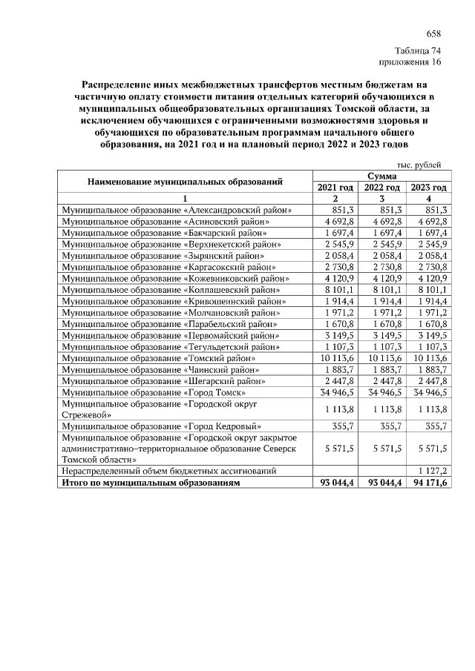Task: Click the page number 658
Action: [x=433, y=34]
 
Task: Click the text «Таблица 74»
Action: [x=419, y=50]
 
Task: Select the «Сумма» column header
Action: [x=381, y=176]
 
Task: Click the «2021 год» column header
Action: [x=335, y=188]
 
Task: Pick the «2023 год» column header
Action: [x=428, y=188]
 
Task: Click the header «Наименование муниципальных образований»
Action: [x=186, y=182]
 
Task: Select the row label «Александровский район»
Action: [x=177, y=211]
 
